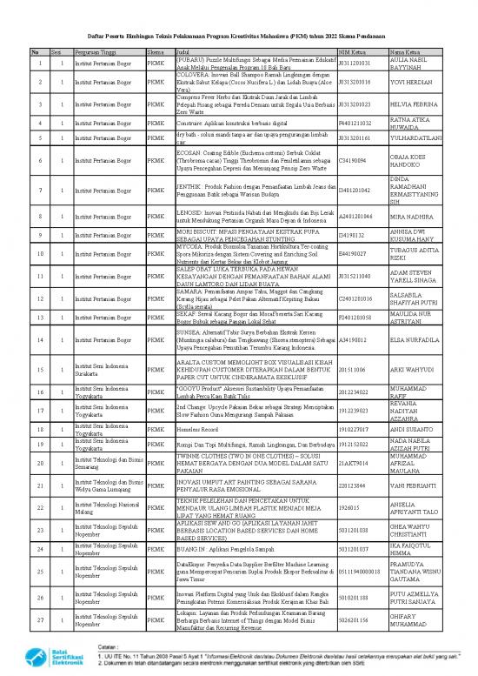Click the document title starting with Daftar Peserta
tap(238, 36)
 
